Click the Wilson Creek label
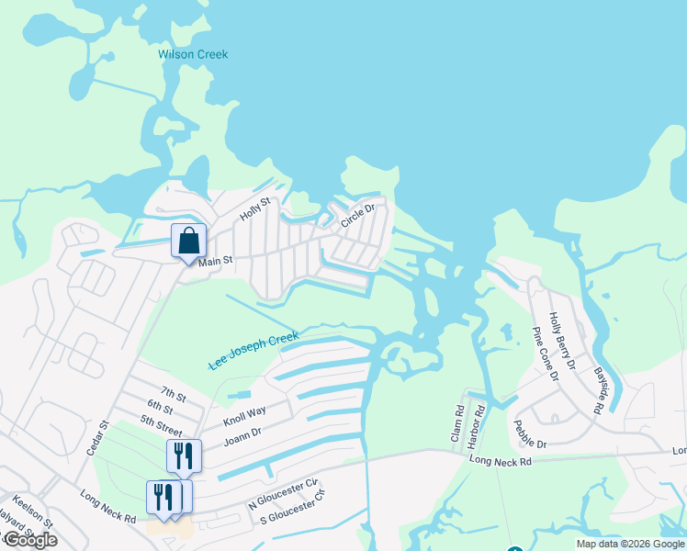coord(193,54)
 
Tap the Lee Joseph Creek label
coord(253,352)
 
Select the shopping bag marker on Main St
coord(188,242)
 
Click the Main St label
coord(216,262)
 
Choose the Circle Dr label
coord(358,216)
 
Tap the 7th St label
coord(173,396)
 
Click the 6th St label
coord(159,408)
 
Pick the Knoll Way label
coord(244,417)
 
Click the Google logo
coord(30,540)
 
